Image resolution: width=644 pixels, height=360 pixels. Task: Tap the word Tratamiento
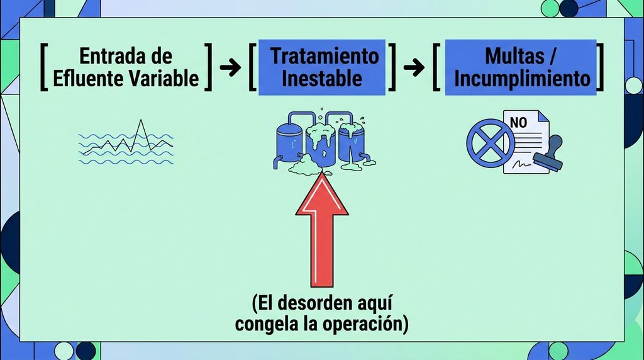(325, 56)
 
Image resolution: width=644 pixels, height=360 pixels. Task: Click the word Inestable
(322, 79)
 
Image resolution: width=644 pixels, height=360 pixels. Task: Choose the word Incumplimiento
(522, 79)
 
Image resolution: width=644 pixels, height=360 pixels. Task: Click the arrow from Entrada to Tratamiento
(230, 67)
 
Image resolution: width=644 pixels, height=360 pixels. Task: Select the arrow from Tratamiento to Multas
(414, 67)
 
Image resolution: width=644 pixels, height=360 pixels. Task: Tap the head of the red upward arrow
(322, 193)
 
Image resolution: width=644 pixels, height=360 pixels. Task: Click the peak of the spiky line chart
(142, 120)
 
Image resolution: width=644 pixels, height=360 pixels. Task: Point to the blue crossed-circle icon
(491, 143)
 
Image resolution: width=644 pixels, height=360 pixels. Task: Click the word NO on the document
(518, 123)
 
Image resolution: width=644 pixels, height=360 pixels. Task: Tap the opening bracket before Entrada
(44, 67)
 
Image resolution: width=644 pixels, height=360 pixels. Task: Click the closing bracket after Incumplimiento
(600, 67)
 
